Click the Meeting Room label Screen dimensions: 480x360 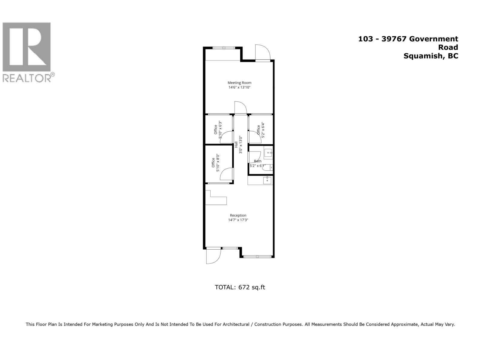(239, 83)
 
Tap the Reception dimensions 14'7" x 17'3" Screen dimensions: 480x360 (238, 220)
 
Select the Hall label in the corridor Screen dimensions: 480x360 (236, 144)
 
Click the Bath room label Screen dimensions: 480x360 (257, 161)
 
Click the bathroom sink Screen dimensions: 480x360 (268, 153)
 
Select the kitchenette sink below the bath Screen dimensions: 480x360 (267, 180)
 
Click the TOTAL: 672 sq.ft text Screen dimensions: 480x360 (240, 287)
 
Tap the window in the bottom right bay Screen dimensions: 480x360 (257, 256)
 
